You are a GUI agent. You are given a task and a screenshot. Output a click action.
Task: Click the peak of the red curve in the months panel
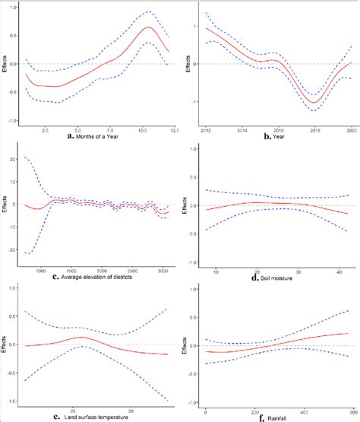click(x=149, y=27)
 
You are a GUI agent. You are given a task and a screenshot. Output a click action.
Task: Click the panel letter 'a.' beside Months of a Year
click(x=70, y=137)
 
